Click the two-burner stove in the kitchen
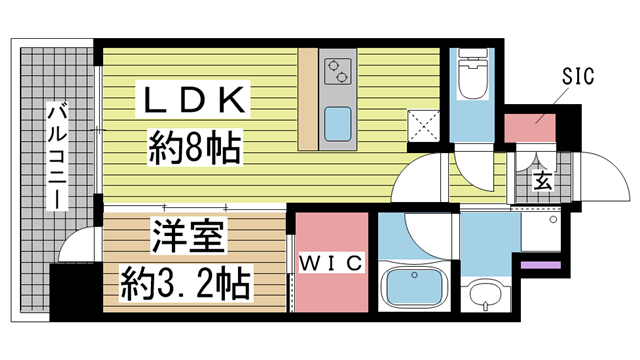336,71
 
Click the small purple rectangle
541,266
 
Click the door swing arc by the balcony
74,245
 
